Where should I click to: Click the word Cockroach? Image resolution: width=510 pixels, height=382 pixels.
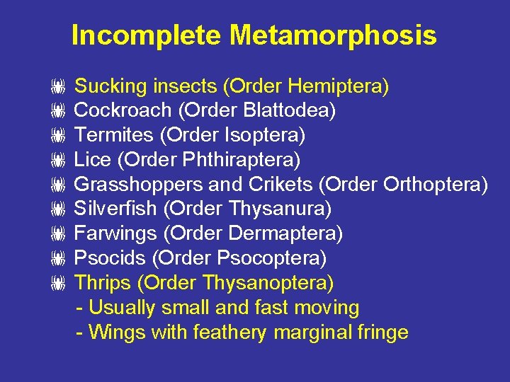point(123,111)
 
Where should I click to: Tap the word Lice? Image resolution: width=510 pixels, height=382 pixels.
point(93,160)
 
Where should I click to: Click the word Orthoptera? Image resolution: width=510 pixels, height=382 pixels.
point(433,185)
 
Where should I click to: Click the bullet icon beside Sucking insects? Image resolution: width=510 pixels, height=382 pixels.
point(58,88)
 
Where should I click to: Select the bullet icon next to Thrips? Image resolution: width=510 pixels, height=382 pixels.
point(58,284)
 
